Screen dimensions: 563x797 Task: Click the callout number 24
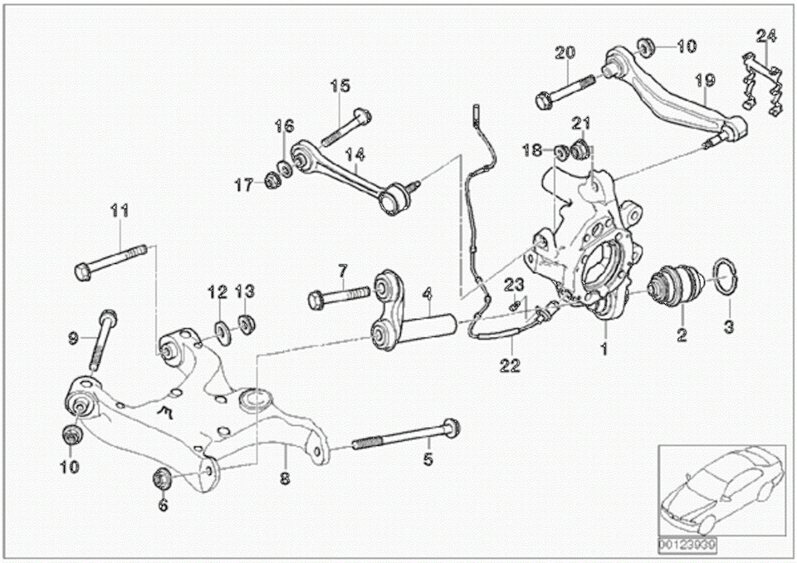(x=765, y=35)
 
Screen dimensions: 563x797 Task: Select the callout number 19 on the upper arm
(x=705, y=81)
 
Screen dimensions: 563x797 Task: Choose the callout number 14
(x=355, y=154)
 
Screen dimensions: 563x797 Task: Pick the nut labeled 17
(x=271, y=182)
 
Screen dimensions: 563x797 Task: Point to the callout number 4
(x=427, y=293)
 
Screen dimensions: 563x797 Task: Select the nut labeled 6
(x=162, y=478)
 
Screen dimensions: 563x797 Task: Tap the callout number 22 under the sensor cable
(x=510, y=365)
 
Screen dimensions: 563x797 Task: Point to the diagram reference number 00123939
(x=687, y=546)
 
